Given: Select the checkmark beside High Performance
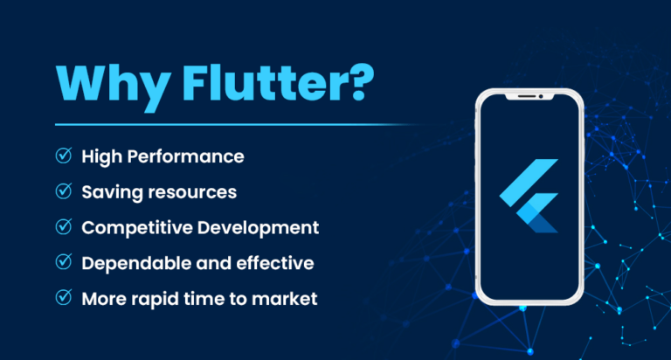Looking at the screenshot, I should pos(64,156).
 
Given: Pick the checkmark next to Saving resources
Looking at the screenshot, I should pos(64,191).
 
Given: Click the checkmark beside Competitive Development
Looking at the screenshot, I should pos(64,227).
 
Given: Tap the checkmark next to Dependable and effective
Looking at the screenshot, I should pos(64,262).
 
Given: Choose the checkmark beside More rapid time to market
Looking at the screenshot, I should pos(64,298).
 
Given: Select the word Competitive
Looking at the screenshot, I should pos(134,228).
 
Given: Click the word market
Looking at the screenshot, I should pos(288,299).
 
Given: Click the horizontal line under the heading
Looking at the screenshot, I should pos(227,125).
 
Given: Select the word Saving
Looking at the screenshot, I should pos(108,192).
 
